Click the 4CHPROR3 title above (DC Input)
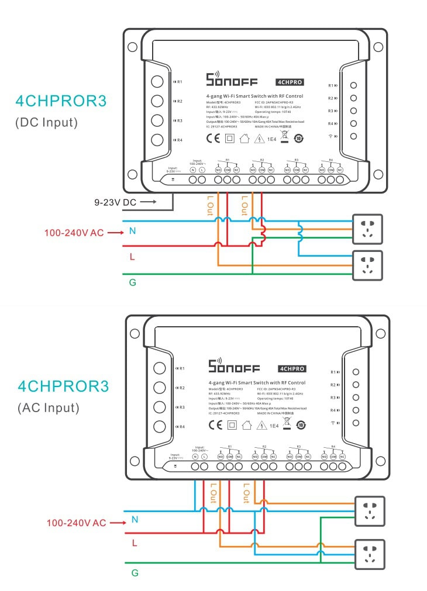coord(61,101)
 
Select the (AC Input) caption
coord(47,407)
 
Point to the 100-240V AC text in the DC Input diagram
coord(74,232)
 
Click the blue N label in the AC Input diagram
coord(135,519)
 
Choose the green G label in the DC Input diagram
coord(132,282)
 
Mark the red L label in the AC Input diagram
coord(135,543)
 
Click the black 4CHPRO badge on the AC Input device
coord(292,369)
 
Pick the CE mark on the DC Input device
coord(213,139)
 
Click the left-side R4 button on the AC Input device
coord(159,426)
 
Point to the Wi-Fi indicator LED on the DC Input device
coord(353,136)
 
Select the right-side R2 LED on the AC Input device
coord(355,385)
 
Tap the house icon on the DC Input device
coord(244,139)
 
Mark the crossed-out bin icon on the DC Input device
coord(285,137)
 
